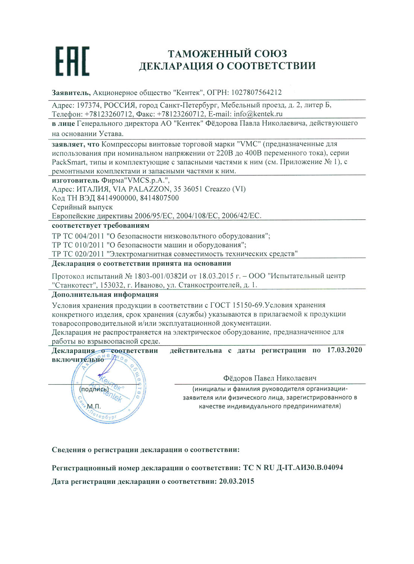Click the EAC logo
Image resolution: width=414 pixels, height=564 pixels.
coord(73,61)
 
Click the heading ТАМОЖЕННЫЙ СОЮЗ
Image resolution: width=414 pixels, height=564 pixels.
coord(227,53)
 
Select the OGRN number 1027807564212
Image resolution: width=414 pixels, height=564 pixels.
coord(256,92)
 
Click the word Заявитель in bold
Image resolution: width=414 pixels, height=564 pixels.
coord(71,92)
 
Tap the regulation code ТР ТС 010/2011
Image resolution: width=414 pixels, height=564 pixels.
coord(78,245)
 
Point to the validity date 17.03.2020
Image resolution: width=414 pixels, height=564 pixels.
coord(344,350)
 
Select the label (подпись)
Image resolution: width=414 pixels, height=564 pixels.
coord(94,389)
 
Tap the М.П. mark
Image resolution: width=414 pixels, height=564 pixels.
coord(94,406)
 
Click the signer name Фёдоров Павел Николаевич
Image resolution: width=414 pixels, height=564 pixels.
coord(269,378)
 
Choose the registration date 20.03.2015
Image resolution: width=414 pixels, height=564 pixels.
coord(236,481)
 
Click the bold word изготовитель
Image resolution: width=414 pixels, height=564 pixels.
coord(76,180)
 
